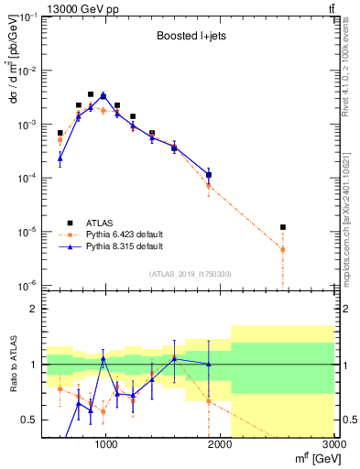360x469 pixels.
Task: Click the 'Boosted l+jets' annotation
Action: pos(191,37)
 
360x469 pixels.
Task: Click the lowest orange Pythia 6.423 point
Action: pos(283,249)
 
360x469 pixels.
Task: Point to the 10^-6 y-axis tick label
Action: pos(28,285)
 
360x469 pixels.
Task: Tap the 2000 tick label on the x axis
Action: pos(221,446)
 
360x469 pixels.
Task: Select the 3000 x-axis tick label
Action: pos(333,446)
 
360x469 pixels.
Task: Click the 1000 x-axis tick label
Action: pos(106,446)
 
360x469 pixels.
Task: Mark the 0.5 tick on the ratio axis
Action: pos(32,420)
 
